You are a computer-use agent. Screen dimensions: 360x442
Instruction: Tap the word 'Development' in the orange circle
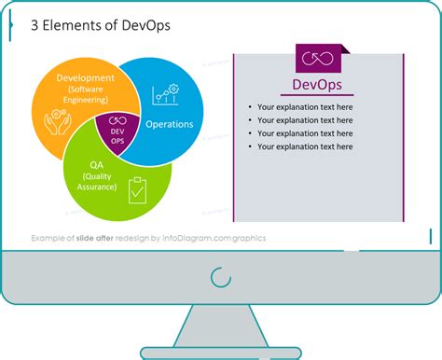[x=85, y=77]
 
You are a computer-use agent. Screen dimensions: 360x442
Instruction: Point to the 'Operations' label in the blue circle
[x=170, y=124]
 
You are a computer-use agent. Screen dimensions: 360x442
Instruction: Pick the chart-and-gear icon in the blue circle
[x=166, y=95]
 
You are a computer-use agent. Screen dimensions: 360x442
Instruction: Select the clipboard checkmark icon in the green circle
[x=137, y=188]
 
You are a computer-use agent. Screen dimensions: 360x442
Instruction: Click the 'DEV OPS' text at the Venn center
[x=117, y=135]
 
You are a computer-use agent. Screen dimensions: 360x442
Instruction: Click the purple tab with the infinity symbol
[x=317, y=59]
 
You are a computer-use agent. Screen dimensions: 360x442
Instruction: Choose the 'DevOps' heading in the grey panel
[x=317, y=86]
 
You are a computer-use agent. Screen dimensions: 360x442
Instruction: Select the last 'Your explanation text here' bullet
[x=305, y=146]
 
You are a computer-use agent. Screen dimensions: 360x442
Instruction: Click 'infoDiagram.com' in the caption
[x=205, y=238]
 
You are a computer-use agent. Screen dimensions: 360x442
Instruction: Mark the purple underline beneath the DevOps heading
[x=317, y=96]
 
